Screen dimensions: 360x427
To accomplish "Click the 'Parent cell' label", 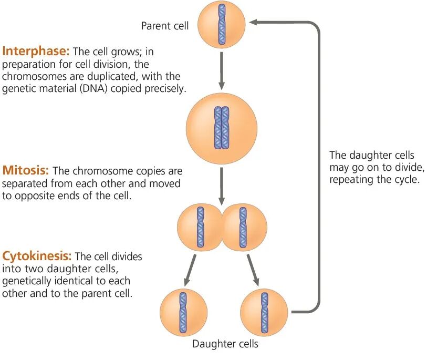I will coord(164,26).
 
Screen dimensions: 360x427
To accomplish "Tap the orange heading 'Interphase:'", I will coord(36,52).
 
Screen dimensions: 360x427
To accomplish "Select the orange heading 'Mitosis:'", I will coord(26,171).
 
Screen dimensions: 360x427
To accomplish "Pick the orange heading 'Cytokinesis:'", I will coord(37,256).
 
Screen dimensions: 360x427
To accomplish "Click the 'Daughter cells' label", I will coord(225,345).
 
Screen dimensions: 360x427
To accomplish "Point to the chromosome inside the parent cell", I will coord(222,25).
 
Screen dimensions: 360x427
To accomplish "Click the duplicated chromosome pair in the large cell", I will coord(222,127).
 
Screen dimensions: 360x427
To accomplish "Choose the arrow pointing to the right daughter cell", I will coord(254,270).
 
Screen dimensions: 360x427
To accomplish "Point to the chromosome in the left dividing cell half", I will coord(200,227).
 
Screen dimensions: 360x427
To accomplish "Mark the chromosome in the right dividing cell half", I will coord(243,227).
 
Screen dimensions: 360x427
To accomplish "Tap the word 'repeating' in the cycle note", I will coord(351,179).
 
